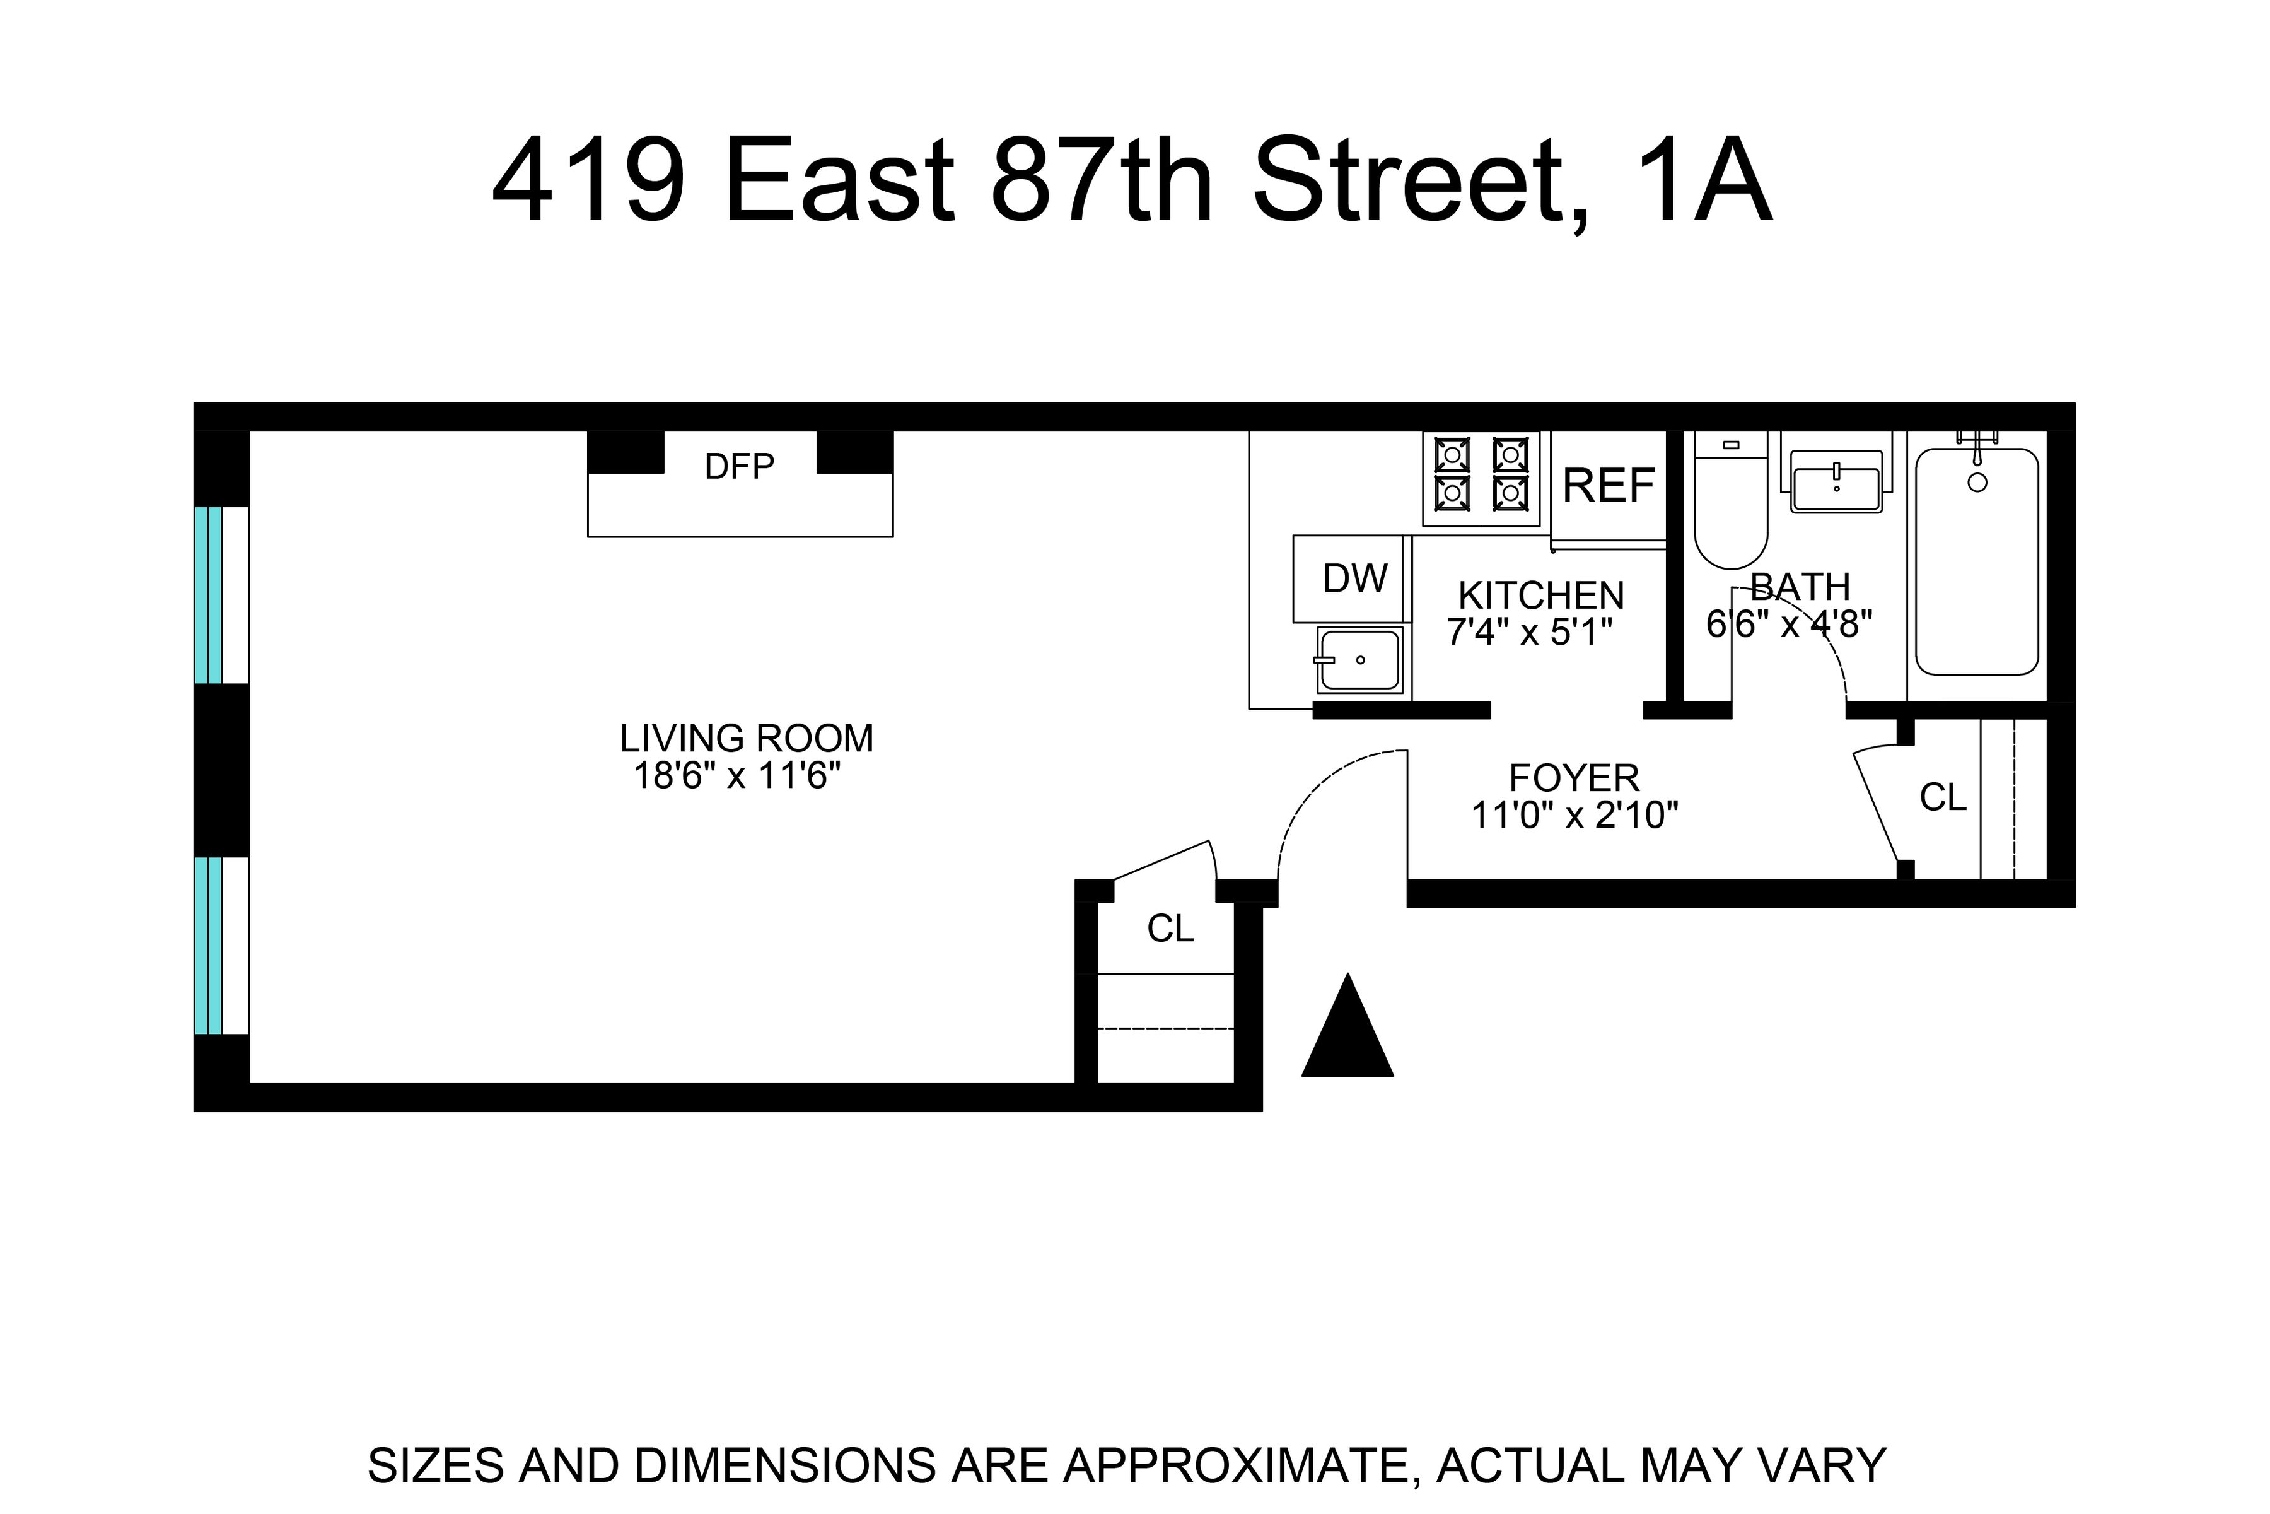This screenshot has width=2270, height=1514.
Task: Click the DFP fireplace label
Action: (739, 467)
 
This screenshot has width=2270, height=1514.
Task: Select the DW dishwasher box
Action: (1353, 578)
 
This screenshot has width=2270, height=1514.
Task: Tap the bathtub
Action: (1977, 562)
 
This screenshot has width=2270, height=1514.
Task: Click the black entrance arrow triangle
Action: (1347, 1031)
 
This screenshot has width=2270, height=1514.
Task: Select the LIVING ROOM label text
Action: (746, 739)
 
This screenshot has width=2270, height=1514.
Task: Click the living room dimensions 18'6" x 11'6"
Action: (737, 777)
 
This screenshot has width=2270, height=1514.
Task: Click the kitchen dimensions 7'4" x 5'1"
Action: (1530, 633)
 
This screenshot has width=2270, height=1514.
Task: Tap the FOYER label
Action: (1574, 778)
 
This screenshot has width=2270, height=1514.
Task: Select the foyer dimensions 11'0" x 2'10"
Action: (1574, 816)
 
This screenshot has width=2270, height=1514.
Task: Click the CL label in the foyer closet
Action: (1943, 797)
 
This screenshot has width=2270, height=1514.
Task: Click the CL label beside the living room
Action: (1170, 929)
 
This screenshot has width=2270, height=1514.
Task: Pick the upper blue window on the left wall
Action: (209, 595)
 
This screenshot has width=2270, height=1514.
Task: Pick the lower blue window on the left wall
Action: (209, 945)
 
